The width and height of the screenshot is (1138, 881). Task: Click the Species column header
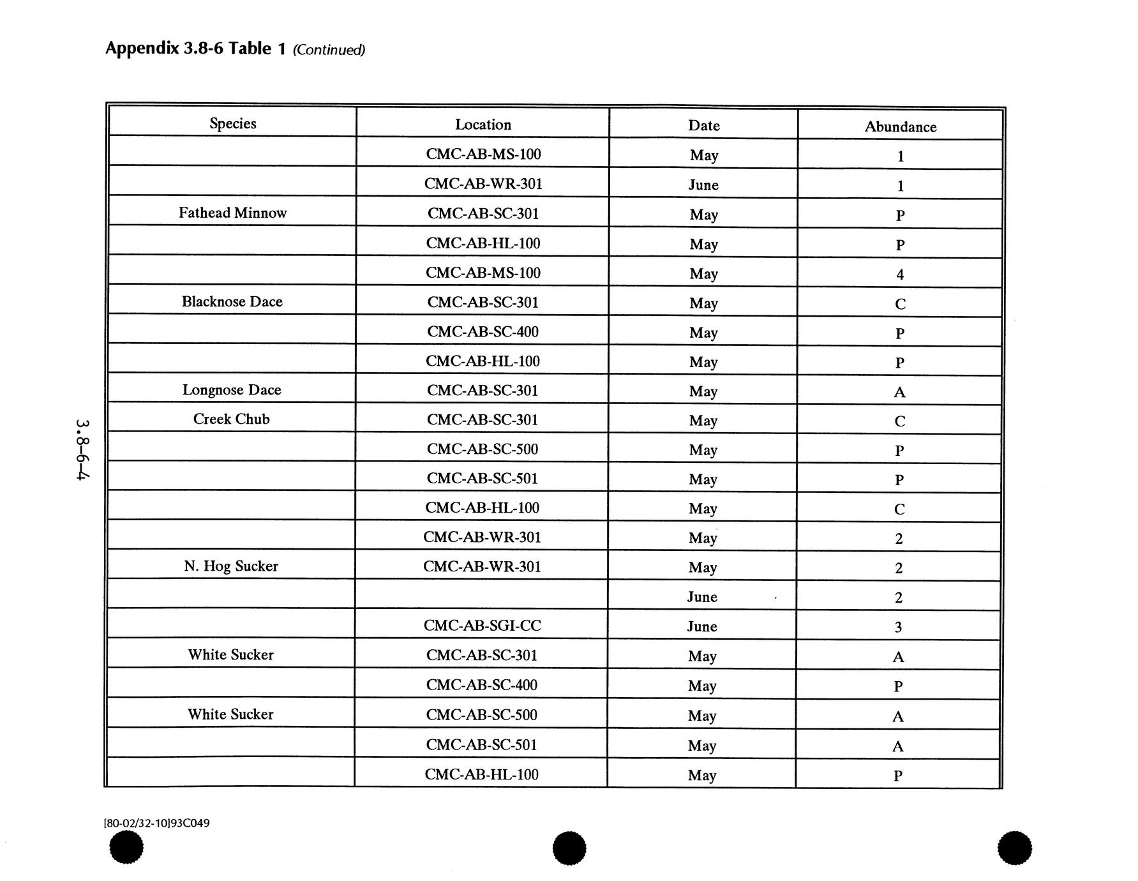pos(233,123)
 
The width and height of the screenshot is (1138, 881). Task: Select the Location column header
pos(483,124)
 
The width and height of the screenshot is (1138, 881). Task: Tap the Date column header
pos(704,126)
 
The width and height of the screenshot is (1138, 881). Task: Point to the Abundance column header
pos(900,127)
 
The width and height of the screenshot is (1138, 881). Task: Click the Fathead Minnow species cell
pos(232,213)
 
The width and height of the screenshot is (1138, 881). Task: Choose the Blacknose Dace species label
pos(232,301)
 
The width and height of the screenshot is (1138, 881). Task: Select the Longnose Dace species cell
pos(232,389)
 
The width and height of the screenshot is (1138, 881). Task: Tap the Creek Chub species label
pos(232,419)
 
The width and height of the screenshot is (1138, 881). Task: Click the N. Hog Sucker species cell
pos(231,566)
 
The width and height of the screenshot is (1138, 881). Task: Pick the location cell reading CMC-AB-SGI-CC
pos(483,626)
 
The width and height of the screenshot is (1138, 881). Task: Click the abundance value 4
pos(900,275)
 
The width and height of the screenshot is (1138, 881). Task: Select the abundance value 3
pos(898,627)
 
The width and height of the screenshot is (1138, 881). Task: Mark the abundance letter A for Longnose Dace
pos(899,392)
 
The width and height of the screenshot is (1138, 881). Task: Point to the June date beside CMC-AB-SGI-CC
pos(702,626)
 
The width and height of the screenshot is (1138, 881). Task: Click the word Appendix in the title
pos(142,48)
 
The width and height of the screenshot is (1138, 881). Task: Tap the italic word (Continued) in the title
pos(329,50)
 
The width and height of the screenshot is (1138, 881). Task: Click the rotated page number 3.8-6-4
pos(82,449)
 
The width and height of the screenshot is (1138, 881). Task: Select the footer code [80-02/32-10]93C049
pos(156,823)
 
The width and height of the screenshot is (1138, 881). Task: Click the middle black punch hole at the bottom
pos(569,848)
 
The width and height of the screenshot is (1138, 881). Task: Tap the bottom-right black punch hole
pos(1014,848)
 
